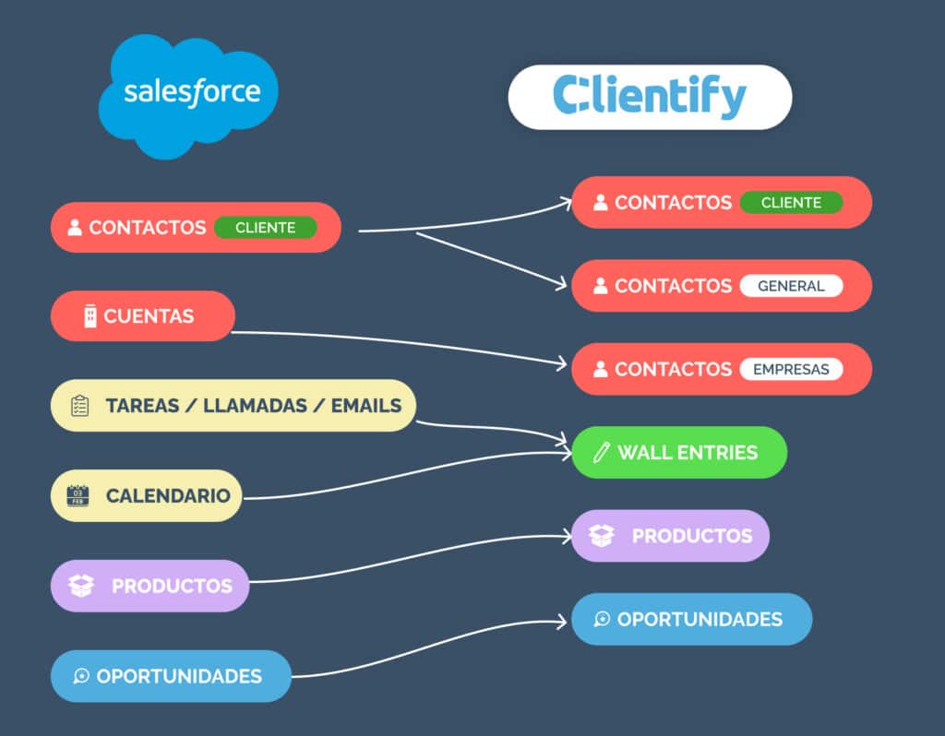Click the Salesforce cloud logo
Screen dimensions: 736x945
point(188,94)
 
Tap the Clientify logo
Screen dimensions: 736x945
point(650,97)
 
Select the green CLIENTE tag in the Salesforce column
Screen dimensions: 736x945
point(265,228)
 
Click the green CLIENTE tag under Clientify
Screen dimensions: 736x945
point(791,203)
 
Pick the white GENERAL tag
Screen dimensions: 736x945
point(791,286)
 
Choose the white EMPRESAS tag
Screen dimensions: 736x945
point(791,369)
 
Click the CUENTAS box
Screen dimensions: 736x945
point(143,316)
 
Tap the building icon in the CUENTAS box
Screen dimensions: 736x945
point(90,316)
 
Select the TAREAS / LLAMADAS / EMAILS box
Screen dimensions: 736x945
point(233,406)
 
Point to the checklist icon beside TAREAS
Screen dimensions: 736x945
point(80,406)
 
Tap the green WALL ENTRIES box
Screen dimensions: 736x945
point(679,452)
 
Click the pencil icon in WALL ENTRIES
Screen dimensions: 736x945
point(602,452)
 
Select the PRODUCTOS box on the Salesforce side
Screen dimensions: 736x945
point(150,586)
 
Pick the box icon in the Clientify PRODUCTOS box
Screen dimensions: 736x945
point(602,536)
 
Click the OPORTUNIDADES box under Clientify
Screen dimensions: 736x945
point(692,619)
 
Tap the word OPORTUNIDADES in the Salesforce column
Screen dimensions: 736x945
point(179,676)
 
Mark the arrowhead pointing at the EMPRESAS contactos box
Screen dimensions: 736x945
point(563,365)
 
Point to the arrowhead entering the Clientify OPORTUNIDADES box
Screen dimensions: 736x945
point(563,622)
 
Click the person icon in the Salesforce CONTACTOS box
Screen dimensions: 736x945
point(75,228)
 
